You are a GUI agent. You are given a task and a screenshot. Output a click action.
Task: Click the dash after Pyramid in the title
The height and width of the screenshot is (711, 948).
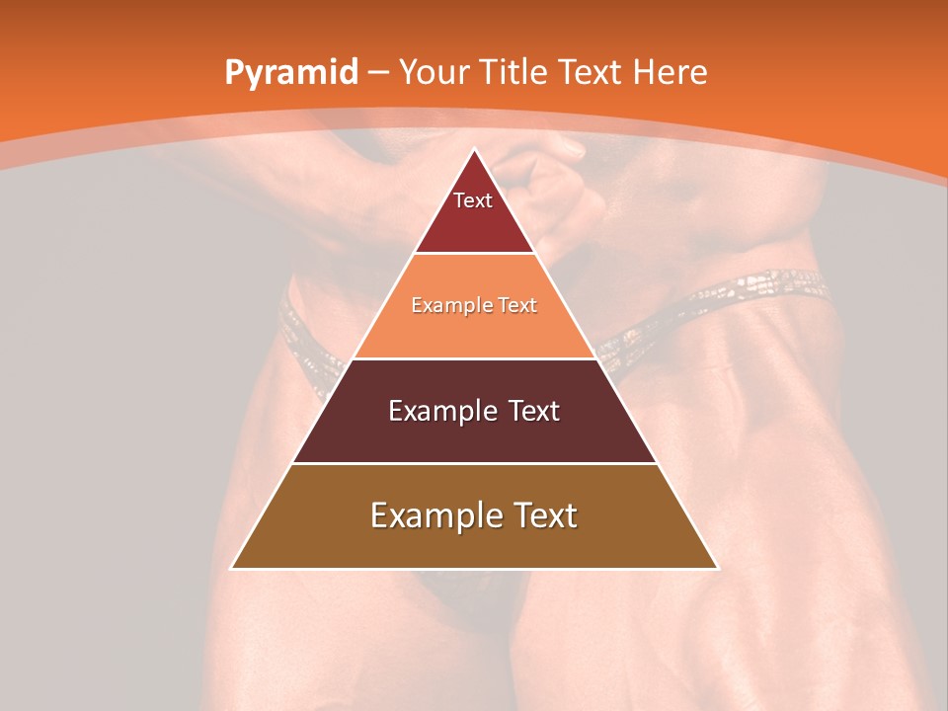click(378, 73)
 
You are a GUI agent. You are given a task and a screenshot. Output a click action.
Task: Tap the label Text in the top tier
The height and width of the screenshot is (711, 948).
click(473, 200)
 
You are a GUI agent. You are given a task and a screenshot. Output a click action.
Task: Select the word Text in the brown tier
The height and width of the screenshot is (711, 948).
click(542, 515)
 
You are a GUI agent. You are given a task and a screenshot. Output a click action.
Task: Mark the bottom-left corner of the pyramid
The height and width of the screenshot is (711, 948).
click(232, 568)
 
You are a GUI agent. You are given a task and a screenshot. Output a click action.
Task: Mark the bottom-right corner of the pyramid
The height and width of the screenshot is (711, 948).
click(717, 568)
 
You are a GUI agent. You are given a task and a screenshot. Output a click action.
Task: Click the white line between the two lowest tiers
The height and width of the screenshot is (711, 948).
click(474, 463)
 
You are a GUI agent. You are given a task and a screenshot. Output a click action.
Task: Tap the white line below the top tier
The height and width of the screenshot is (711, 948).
click(474, 253)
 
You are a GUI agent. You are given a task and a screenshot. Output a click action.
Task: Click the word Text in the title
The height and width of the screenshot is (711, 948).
click(592, 73)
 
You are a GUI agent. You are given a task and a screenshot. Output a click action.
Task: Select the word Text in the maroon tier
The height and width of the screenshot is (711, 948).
click(528, 411)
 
